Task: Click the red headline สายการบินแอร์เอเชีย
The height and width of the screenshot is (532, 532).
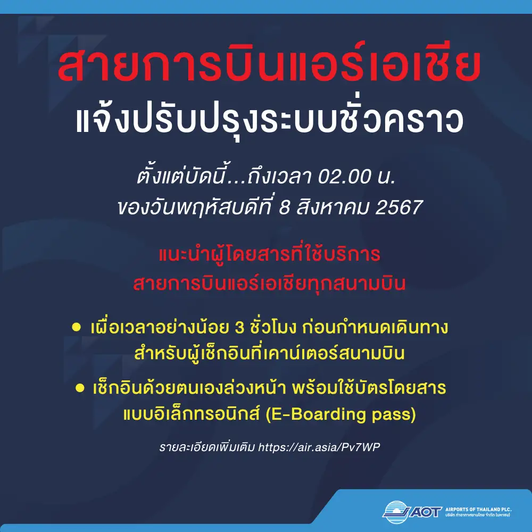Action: tap(269, 63)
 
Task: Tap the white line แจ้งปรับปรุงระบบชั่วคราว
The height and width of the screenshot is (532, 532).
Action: tap(270, 119)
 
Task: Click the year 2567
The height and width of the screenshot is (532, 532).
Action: tap(399, 207)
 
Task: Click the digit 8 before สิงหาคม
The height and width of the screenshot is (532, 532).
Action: tap(284, 207)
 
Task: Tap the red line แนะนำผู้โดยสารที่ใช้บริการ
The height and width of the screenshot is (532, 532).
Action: tap(269, 254)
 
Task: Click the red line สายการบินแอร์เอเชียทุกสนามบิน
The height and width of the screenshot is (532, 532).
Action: tap(269, 284)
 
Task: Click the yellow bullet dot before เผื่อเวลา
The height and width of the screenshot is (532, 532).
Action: tap(76, 327)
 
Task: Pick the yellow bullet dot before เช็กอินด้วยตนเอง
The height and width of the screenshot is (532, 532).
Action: tap(80, 388)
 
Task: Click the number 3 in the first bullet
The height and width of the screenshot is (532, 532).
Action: tap(239, 328)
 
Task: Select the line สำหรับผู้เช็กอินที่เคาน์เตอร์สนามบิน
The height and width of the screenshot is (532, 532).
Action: tap(269, 353)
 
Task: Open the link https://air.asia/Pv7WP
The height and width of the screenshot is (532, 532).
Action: tap(319, 447)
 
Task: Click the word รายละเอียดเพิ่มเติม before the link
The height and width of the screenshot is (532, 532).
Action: tap(207, 447)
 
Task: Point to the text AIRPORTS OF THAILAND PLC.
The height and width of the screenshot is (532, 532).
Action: tap(478, 509)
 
